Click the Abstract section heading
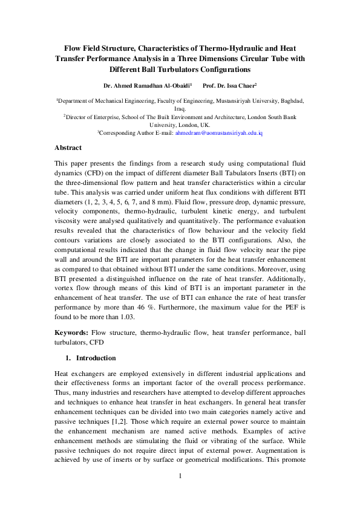pos(68,148)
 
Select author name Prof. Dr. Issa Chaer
pos(229,86)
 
